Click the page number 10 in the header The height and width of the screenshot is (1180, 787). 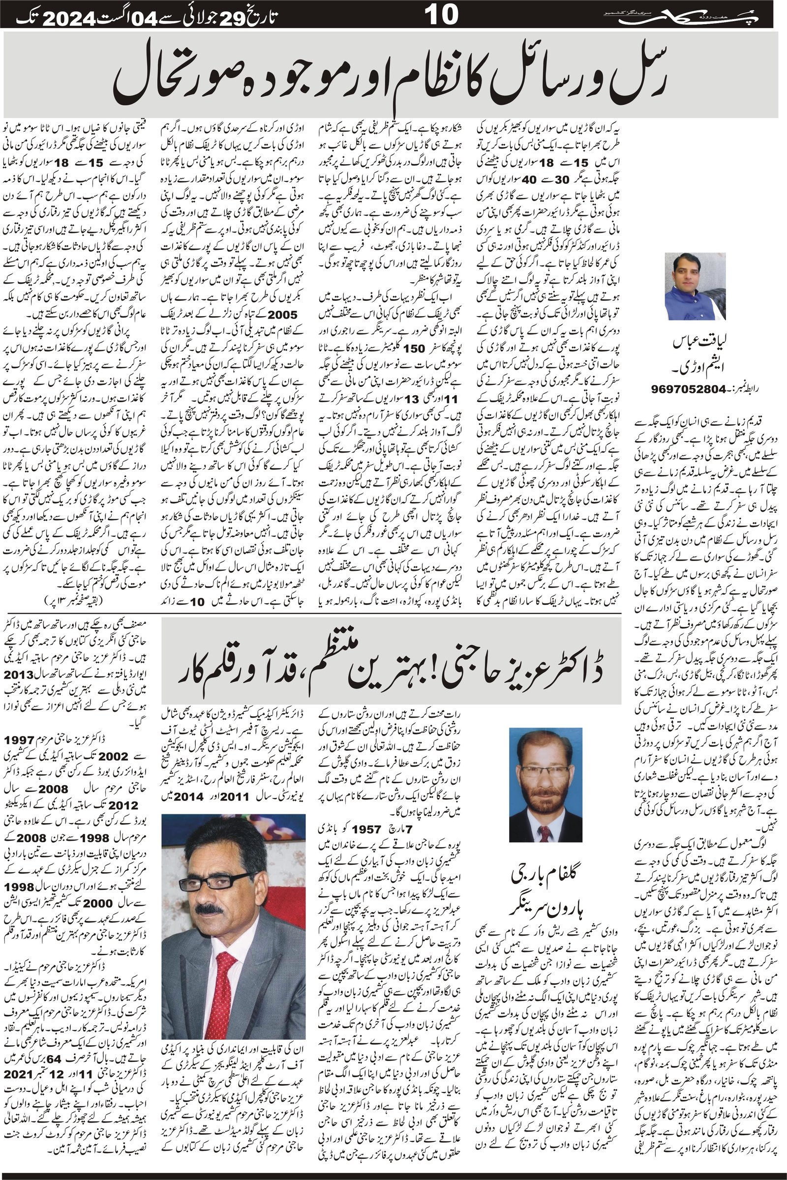click(442, 16)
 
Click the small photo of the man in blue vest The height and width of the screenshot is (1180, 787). click(695, 286)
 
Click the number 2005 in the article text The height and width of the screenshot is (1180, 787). click(282, 315)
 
